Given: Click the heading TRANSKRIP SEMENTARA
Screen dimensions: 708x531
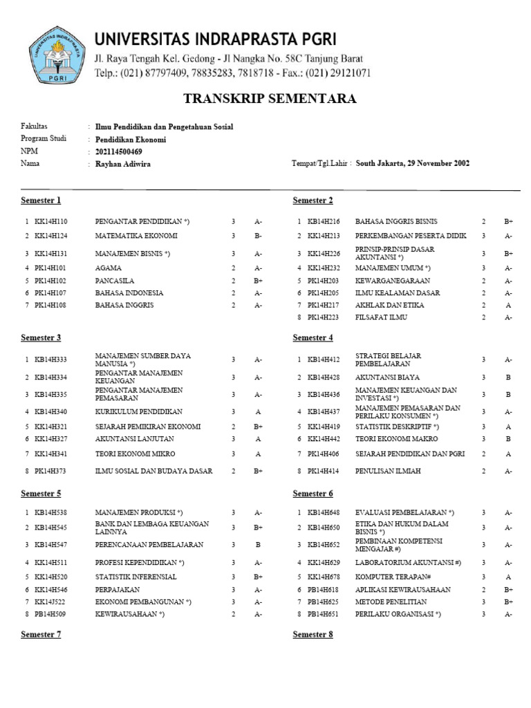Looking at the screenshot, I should pos(270,99).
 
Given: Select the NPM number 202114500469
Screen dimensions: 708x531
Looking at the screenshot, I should pos(118,151).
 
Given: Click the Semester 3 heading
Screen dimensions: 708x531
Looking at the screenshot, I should pos(41,337).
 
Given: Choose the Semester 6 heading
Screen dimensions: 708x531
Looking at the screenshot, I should pos(313,494).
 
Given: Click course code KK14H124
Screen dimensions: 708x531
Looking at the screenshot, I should pos(51,236).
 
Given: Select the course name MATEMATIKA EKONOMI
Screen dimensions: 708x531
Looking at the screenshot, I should pos(136,236).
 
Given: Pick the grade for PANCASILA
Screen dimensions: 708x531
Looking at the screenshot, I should pos(258,281).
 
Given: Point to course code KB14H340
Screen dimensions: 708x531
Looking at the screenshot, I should pos(51,411).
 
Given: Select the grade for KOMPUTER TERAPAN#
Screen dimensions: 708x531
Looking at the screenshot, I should pos(507,577).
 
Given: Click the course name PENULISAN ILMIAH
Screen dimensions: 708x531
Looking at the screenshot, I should pos(388,471).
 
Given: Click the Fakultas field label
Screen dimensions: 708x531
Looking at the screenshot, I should pos(34,127).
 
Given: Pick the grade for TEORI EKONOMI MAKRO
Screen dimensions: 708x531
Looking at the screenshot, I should pos(507,438).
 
